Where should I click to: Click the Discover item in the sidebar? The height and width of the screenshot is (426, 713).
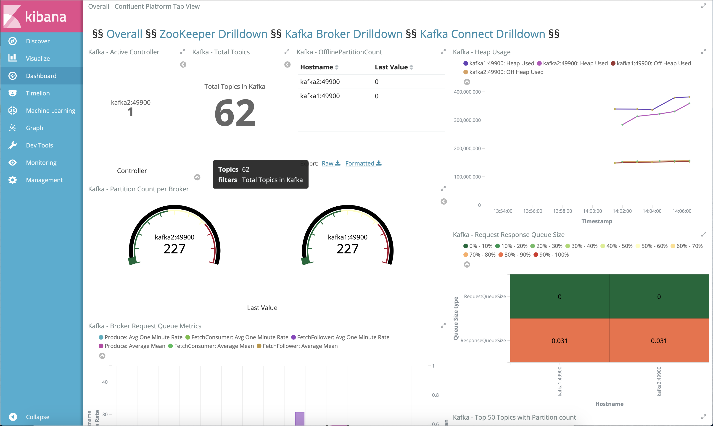pos(38,41)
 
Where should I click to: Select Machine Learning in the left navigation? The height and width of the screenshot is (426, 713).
pos(50,110)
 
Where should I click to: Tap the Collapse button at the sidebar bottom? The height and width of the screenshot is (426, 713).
pos(37,417)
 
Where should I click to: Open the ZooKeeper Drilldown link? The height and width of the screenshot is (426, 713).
pos(213,34)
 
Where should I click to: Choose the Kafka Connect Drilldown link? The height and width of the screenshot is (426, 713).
pos(482,34)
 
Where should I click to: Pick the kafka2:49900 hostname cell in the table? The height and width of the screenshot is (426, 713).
pos(320,82)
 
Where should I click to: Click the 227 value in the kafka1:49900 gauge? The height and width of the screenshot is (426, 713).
pos(347,249)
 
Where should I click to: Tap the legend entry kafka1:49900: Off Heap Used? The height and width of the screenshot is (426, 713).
pos(653,63)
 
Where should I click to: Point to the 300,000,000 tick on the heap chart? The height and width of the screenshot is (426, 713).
pos(467,120)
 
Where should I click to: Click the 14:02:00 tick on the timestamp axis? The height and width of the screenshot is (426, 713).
pos(622,211)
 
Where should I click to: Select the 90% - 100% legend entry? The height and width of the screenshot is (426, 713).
pos(554,255)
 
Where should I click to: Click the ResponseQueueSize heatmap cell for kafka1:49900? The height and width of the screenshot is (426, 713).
pos(559,341)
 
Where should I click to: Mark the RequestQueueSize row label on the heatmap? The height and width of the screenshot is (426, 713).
pos(485,297)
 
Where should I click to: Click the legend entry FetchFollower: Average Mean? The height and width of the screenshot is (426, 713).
pos(300,346)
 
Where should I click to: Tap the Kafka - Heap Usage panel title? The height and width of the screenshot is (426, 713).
pos(482,52)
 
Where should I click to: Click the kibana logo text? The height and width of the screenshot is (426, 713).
pos(46,17)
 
